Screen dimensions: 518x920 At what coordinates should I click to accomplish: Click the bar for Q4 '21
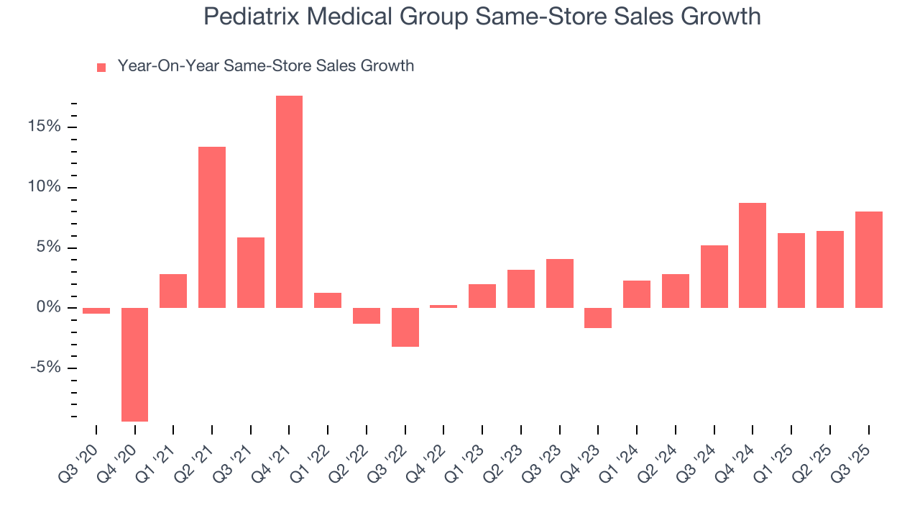[x=289, y=201]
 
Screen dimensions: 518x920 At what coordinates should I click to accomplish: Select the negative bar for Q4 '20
[x=134, y=364]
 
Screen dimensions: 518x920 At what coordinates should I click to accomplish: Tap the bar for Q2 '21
[x=212, y=227]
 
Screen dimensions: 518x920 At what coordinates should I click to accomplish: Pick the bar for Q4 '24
[x=753, y=255]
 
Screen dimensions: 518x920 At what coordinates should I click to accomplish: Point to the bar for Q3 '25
[x=868, y=260]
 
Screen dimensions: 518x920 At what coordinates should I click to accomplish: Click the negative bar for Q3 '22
[x=405, y=327]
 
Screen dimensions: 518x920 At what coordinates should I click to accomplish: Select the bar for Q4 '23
[x=598, y=318]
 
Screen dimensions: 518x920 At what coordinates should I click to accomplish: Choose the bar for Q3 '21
[x=251, y=273]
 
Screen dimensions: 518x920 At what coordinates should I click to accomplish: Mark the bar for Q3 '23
[x=559, y=283]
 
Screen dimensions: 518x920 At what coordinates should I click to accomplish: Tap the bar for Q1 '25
[x=791, y=271]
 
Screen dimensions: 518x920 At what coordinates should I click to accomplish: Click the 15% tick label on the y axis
[x=45, y=127]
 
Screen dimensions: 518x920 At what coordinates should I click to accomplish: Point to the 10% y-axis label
[x=45, y=188]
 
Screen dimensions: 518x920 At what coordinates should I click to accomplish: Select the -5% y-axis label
[x=45, y=368]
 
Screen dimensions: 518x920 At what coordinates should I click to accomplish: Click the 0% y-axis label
[x=50, y=308]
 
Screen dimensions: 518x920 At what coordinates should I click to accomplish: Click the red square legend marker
[x=101, y=68]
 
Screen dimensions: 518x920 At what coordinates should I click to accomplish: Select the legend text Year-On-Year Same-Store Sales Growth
[x=266, y=66]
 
